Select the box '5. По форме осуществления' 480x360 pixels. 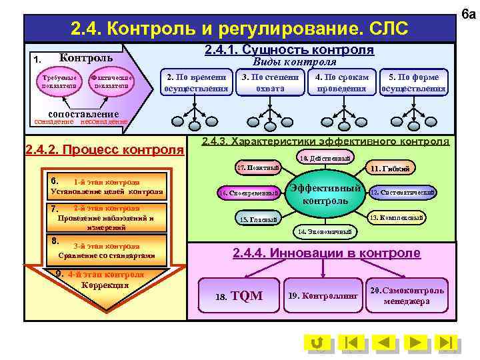(413, 83)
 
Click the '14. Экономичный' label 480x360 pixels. (326, 231)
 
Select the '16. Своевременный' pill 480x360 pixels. (249, 193)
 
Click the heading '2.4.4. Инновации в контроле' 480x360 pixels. (326, 253)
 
